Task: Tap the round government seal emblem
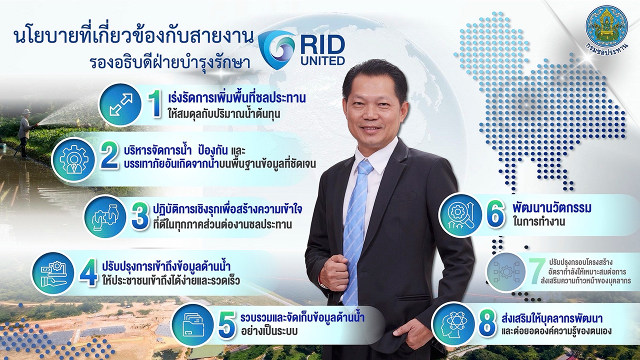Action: coord(606,27)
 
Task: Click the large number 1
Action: coord(156,105)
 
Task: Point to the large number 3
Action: coord(139,217)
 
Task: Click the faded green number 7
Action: coord(536,271)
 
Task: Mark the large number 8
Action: coord(487,324)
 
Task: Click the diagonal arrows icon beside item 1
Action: coord(121,105)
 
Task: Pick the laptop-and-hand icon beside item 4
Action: coord(52,273)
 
